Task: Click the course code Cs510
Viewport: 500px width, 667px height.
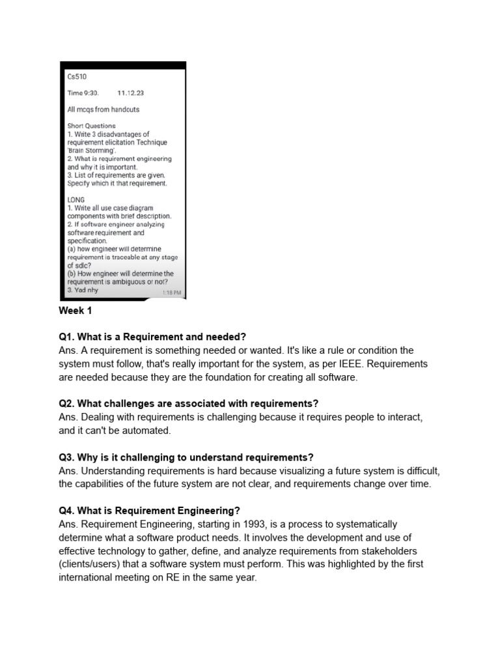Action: coord(77,77)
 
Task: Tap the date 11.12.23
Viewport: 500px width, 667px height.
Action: coord(130,93)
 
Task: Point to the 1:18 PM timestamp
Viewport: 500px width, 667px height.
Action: coord(171,293)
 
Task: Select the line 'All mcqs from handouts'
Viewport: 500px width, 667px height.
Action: coord(104,109)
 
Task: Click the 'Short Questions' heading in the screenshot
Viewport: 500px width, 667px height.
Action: coord(91,126)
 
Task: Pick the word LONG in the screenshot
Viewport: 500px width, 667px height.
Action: coord(76,200)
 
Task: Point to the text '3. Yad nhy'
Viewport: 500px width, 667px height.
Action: coord(83,291)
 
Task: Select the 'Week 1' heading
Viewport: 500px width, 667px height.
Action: coord(76,311)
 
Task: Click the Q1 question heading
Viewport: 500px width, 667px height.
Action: coord(152,337)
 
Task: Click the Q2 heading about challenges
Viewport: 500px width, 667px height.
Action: coord(188,404)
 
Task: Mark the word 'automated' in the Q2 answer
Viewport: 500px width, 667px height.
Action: coord(148,430)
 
